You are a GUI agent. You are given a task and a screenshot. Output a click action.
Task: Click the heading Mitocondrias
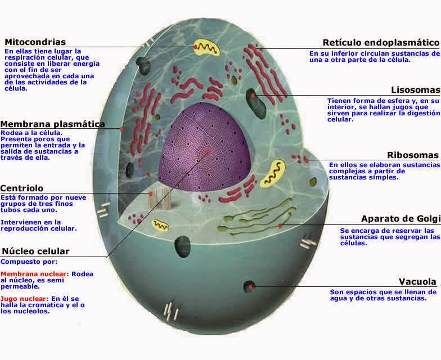tap(35, 42)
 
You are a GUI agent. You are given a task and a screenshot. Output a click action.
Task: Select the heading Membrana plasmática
tap(53, 124)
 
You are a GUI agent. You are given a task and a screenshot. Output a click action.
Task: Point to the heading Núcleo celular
tap(36, 251)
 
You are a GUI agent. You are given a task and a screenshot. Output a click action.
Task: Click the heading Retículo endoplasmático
tap(381, 43)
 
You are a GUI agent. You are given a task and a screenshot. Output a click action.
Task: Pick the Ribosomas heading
tap(413, 155)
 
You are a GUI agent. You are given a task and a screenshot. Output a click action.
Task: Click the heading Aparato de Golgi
tap(399, 219)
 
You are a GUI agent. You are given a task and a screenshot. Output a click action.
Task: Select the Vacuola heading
tap(417, 282)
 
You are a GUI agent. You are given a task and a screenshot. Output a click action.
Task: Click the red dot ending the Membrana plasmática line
tap(121, 129)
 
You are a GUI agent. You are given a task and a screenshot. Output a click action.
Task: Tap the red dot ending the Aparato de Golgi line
tap(280, 226)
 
